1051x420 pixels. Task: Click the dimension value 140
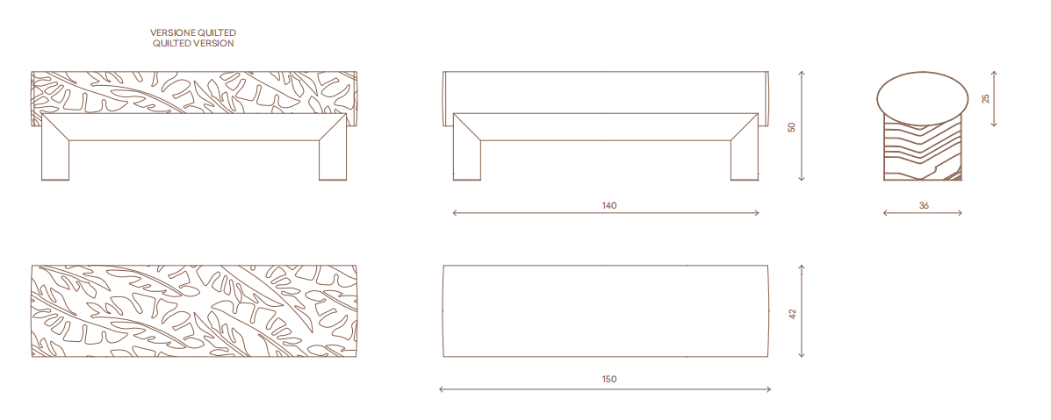click(608, 206)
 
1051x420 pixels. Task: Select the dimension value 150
click(608, 379)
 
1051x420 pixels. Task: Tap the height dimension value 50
click(792, 126)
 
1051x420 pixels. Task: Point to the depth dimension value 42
click(792, 313)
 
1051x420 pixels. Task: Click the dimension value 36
click(924, 206)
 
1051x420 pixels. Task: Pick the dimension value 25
click(984, 98)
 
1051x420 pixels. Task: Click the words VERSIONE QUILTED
click(193, 32)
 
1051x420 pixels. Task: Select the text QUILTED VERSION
click(193, 44)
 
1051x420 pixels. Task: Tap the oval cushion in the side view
click(922, 98)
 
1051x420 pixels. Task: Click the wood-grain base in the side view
click(923, 151)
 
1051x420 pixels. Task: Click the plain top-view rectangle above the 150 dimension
click(606, 310)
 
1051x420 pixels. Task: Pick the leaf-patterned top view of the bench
click(194, 310)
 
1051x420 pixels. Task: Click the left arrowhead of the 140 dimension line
click(455, 213)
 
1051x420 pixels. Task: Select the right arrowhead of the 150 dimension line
click(768, 388)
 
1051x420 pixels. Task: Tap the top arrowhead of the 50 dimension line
click(802, 74)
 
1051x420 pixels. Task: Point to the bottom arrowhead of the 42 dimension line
click(802, 354)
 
